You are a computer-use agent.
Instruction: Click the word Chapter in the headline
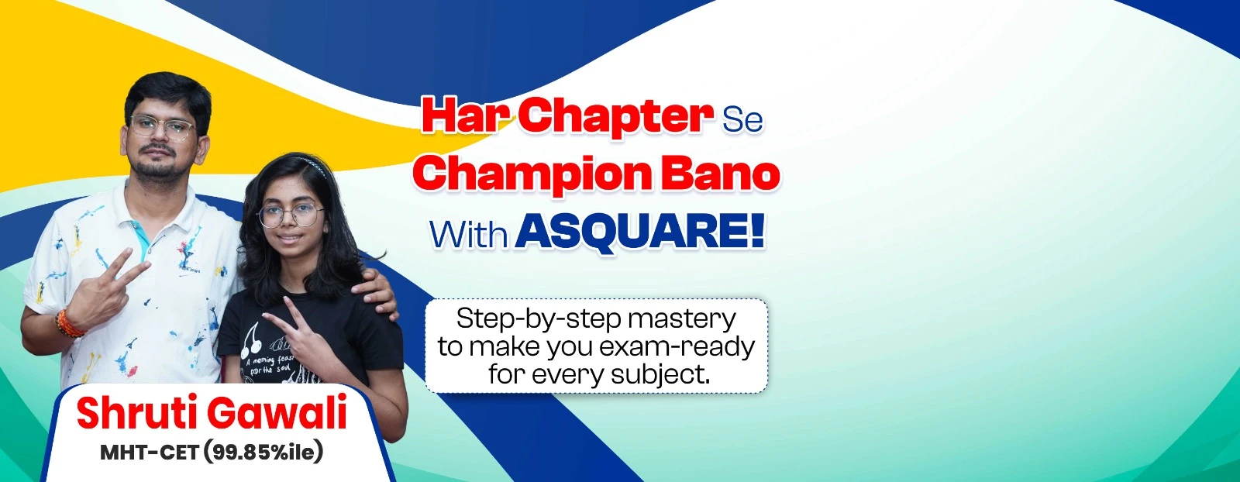tap(615, 117)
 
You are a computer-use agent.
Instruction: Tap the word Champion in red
tap(532, 174)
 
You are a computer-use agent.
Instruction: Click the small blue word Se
tap(742, 121)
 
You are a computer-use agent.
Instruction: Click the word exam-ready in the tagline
tap(677, 347)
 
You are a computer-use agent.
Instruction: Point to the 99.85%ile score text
tap(263, 453)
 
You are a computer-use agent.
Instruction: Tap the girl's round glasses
tap(291, 215)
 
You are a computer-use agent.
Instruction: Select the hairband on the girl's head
tap(313, 166)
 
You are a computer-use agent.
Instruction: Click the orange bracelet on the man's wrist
tap(69, 325)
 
